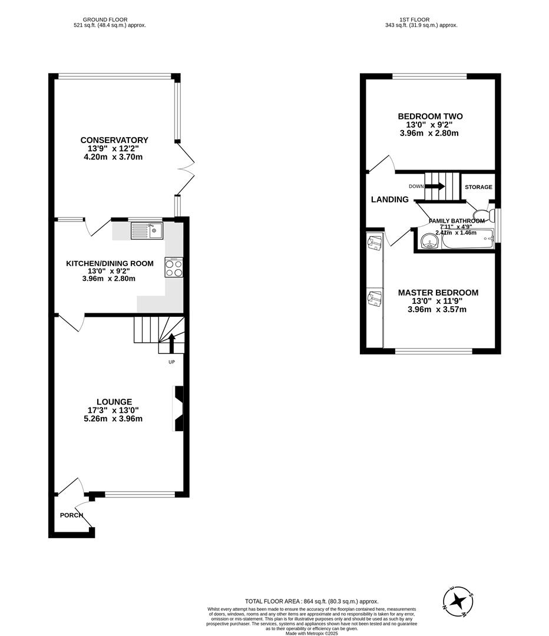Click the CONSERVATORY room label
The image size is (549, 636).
tap(114, 140)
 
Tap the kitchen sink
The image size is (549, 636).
tap(147, 231)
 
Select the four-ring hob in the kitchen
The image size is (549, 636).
tap(174, 268)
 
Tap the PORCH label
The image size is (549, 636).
tap(71, 515)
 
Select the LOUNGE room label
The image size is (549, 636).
tap(114, 402)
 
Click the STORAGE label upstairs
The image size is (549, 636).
tap(478, 187)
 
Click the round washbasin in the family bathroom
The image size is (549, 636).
tap(427, 240)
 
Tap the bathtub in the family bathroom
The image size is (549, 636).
tap(466, 240)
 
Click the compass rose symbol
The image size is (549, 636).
tap(457, 601)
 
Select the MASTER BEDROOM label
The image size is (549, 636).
tap(438, 293)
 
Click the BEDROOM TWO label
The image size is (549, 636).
tap(430, 117)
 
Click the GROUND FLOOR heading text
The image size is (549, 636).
tap(105, 19)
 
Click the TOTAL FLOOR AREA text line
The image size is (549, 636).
tap(312, 601)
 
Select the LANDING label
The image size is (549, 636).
tap(389, 200)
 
